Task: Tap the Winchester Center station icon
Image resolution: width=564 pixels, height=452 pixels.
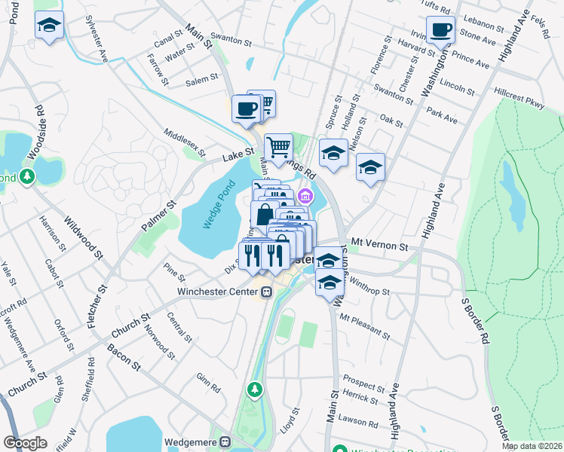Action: (266, 292)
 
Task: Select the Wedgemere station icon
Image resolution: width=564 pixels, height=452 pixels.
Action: (225, 442)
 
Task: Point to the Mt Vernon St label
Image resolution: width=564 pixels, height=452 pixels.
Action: (379, 246)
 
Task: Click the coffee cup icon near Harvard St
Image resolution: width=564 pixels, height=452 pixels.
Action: (440, 31)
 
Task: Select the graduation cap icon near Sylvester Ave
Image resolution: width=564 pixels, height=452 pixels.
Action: (49, 26)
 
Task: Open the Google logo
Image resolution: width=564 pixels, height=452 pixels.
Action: (25, 443)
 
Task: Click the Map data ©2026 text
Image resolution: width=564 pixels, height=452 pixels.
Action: (532, 446)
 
